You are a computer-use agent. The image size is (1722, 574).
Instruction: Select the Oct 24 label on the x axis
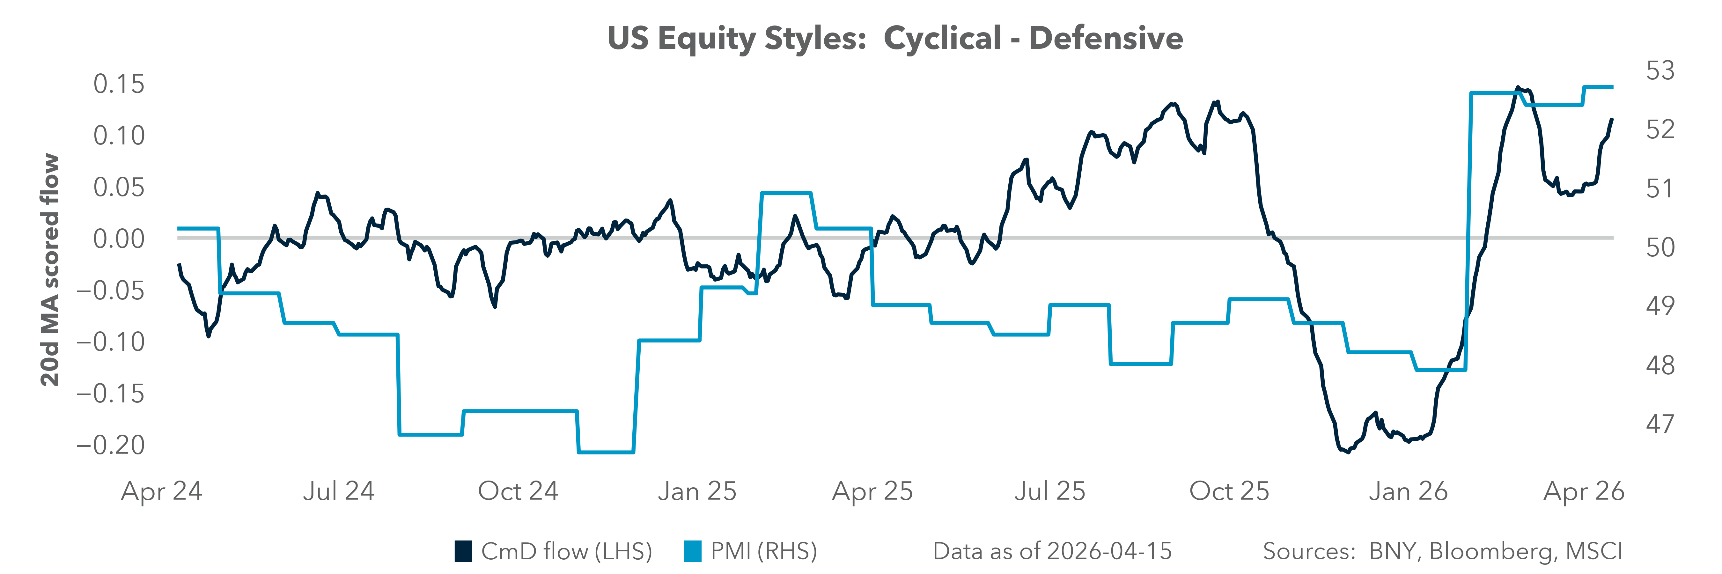[x=518, y=492]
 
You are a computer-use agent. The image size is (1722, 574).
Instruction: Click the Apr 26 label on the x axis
[x=1584, y=492]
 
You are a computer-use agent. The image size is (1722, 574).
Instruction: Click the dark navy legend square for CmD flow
[x=463, y=551]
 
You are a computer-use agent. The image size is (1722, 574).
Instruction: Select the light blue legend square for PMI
[x=693, y=551]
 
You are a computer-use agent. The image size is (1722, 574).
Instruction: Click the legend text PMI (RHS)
[x=763, y=551]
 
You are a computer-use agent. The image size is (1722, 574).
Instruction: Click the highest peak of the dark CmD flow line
[x=1518, y=88]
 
